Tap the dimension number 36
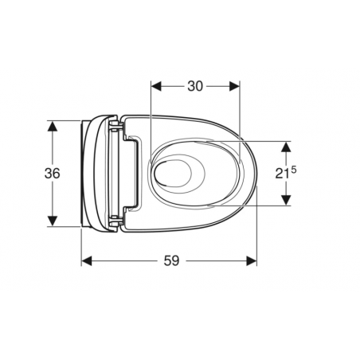[52, 174]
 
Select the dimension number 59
[171, 260]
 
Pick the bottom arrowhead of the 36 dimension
[52, 222]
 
